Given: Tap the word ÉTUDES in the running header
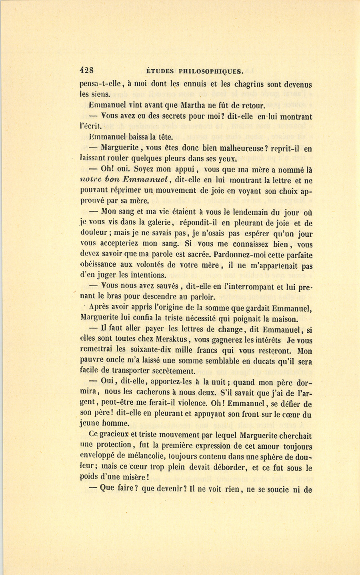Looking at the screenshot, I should pos(160,72).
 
